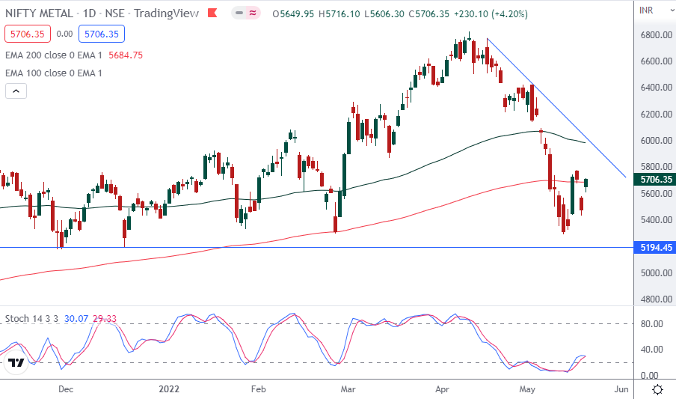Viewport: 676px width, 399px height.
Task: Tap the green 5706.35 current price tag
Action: (654, 180)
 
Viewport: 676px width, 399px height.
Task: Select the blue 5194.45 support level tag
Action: (654, 247)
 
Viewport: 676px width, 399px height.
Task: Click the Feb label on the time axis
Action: (258, 389)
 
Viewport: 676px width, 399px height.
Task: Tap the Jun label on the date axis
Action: (621, 389)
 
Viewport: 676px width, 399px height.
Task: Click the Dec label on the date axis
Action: (66, 389)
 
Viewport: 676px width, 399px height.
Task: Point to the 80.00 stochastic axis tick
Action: (649, 324)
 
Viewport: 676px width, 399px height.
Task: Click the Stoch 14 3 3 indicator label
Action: (31, 319)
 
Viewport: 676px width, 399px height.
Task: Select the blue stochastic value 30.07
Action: (76, 319)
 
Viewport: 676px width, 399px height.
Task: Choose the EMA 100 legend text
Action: (54, 73)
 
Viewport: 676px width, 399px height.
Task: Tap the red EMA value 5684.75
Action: (126, 55)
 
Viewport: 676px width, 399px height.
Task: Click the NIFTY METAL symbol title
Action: (44, 13)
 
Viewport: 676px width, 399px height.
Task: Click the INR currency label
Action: (648, 10)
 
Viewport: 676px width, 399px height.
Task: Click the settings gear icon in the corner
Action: (657, 389)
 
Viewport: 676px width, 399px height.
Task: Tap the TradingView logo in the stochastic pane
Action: (16, 363)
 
